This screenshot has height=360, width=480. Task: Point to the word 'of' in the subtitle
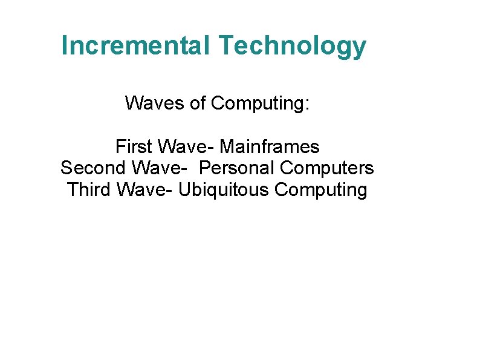click(x=198, y=103)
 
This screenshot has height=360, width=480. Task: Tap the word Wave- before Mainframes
click(x=185, y=146)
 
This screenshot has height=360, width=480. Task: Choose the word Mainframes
click(x=270, y=146)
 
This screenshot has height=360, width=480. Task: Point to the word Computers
click(x=328, y=168)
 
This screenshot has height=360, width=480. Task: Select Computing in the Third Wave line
click(x=321, y=190)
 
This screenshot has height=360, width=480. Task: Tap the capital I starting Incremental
click(x=64, y=46)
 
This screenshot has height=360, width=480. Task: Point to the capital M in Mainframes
click(x=227, y=146)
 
